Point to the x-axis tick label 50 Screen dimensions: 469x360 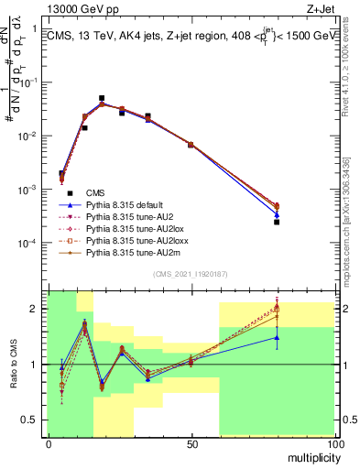pyautogui.click(x=191, y=446)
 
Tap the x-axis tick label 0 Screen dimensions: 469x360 pyautogui.click(x=49, y=446)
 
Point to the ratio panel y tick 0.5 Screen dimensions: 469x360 pyautogui.click(x=32, y=420)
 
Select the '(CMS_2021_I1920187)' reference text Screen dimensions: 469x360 pyautogui.click(x=190, y=275)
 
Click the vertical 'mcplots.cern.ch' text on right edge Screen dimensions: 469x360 pyautogui.click(x=350, y=220)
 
